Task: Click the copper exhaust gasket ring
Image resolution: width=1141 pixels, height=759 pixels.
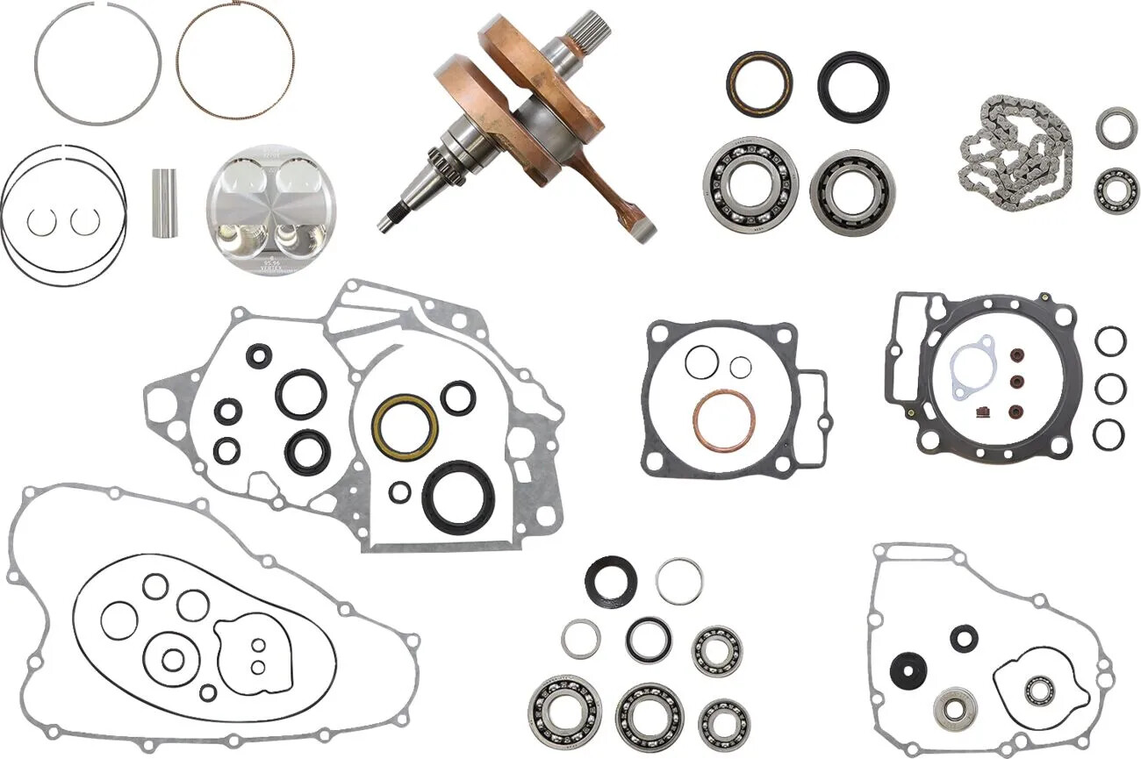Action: pos(723,419)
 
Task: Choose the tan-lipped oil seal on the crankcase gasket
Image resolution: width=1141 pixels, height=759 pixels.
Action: pos(405,426)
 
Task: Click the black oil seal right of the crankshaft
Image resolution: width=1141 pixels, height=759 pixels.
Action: pos(853,87)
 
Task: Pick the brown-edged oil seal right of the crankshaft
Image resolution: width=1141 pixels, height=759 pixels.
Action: pos(759,83)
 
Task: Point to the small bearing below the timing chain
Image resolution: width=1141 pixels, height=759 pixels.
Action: pos(1116,190)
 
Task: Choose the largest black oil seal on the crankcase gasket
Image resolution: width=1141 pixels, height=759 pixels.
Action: pos(458,497)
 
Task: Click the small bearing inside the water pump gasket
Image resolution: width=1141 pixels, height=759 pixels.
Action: pos(1041,691)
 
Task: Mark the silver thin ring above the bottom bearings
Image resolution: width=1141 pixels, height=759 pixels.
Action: pos(678,581)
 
